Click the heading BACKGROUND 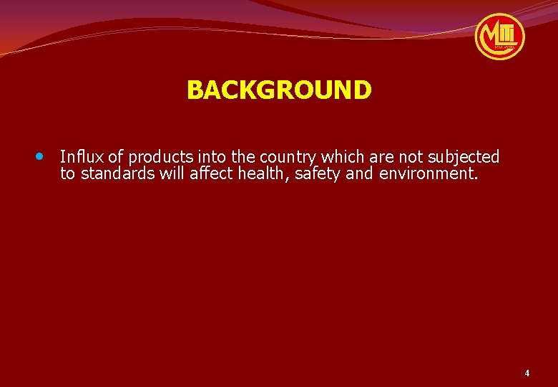point(279,90)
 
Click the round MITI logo point(499,36)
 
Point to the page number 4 point(527,373)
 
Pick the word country point(289,157)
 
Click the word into point(209,156)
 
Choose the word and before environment point(359,174)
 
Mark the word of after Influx point(115,156)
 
